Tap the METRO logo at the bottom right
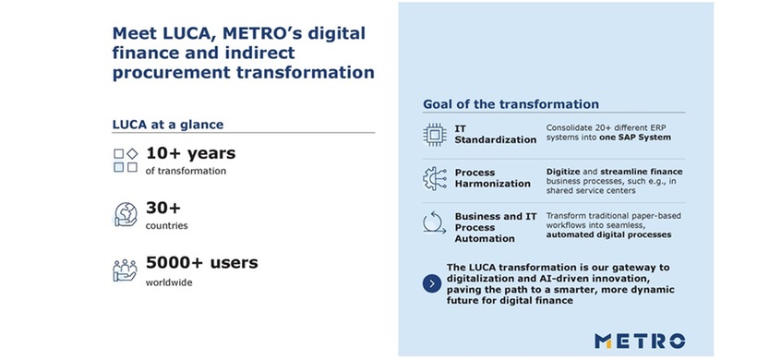coord(640,340)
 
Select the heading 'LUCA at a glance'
coord(168,125)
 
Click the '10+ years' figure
coord(190,152)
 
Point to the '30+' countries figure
coord(163,208)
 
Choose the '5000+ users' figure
coord(201,262)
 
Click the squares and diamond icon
coord(125,160)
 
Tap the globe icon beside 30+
coord(125,214)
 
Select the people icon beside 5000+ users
coord(125,270)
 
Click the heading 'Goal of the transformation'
coord(511,104)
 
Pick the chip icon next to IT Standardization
coord(432,135)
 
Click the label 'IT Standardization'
coord(495,135)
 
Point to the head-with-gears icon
coord(432,178)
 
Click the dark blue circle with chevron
coord(431,283)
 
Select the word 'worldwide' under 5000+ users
coord(169,282)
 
